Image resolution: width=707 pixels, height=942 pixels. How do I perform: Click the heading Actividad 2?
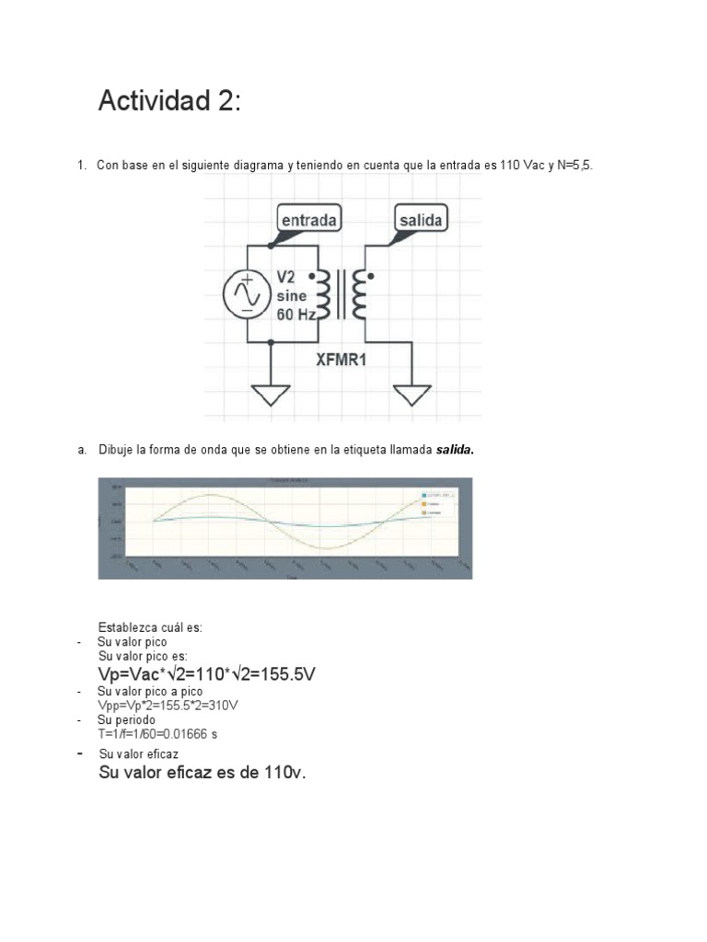coord(169,100)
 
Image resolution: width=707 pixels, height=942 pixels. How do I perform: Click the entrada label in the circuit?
coord(307,220)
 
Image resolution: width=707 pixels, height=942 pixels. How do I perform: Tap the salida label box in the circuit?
coord(420,220)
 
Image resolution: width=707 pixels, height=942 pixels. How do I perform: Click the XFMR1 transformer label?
coord(342,360)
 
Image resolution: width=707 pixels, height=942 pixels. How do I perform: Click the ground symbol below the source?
coord(271,396)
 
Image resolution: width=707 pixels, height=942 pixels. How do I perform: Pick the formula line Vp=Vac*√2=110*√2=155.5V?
coord(207,674)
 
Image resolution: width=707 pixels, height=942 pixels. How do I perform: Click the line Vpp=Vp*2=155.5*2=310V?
coord(168,705)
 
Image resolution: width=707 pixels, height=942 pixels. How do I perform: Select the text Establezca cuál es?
coord(150,627)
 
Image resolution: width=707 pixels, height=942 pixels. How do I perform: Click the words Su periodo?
coord(127,719)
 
